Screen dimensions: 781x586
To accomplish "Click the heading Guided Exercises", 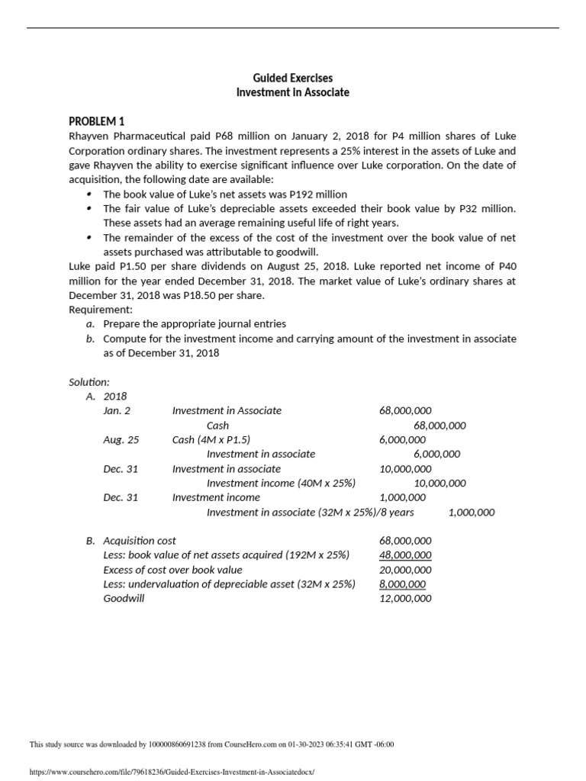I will tap(293, 78).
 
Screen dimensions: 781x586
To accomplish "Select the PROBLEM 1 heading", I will tap(96, 121).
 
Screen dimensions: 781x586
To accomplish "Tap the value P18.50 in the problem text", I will tap(240, 295).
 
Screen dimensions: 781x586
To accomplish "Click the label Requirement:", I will tap(101, 310).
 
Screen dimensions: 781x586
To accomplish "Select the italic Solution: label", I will tap(89, 381).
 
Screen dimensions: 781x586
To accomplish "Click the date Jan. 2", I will tap(117, 410).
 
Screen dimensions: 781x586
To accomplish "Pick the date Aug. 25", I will tap(121, 439).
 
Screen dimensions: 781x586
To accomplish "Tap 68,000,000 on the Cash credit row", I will tap(439, 426).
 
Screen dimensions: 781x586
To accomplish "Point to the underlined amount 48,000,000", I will tap(404, 555).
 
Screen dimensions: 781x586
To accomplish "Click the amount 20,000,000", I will tap(404, 570).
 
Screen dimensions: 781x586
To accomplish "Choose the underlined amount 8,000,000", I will tap(402, 584).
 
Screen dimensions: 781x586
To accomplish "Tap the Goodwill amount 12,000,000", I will tap(404, 599).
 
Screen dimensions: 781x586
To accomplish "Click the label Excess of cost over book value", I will tap(172, 570).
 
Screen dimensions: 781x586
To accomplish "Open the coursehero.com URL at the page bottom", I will tap(171, 771).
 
